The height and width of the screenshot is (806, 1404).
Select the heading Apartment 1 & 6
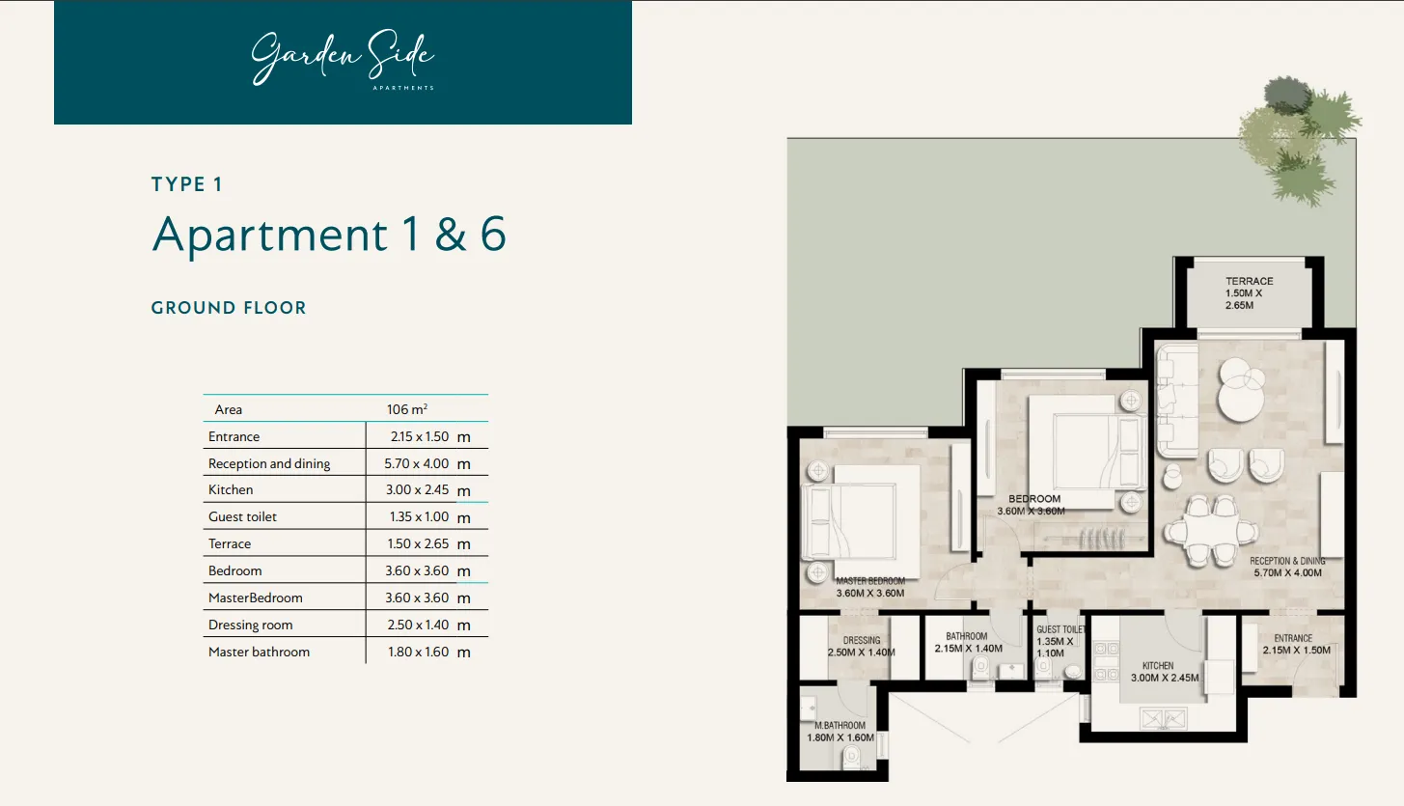click(x=329, y=235)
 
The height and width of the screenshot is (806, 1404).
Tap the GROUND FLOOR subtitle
click(x=229, y=308)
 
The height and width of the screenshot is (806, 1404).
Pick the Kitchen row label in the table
click(x=231, y=489)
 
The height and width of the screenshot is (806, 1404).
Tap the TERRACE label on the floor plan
click(x=1250, y=281)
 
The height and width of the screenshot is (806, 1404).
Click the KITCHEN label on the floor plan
click(x=1158, y=666)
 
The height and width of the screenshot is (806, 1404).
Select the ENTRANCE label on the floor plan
click(x=1293, y=638)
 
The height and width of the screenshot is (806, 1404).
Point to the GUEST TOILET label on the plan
click(x=1060, y=629)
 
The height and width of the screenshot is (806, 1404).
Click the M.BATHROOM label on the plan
click(x=840, y=726)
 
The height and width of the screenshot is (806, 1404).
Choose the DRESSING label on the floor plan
click(x=861, y=640)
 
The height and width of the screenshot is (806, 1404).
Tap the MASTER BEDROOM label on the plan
click(x=870, y=581)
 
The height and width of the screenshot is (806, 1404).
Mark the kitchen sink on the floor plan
click(x=1163, y=717)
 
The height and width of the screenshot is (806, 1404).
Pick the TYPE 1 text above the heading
click(x=187, y=184)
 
